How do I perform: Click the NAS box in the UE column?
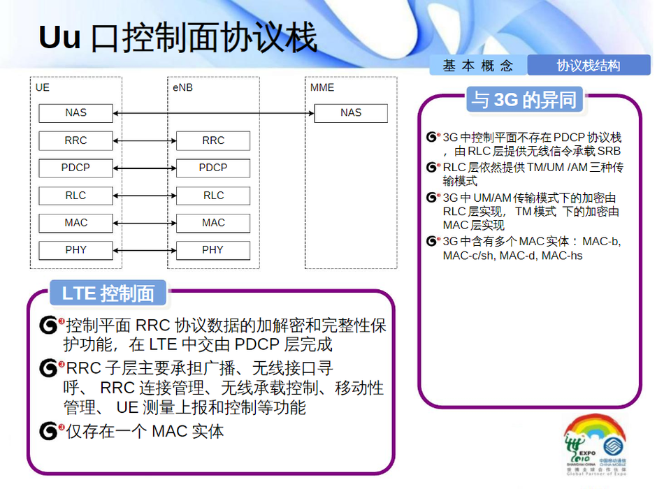[x=75, y=113]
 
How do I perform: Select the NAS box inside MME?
[x=351, y=113]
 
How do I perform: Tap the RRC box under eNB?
[x=213, y=140]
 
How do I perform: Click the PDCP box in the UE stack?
[x=75, y=168]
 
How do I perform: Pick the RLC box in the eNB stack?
[x=213, y=196]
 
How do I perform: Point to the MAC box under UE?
[x=75, y=223]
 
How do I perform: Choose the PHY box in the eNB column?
[x=213, y=250]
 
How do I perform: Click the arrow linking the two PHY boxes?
[x=145, y=251]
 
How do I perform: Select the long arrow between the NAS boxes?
[x=213, y=113]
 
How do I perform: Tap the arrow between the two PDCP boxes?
[x=145, y=168]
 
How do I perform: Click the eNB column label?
[x=182, y=87]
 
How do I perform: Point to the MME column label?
[x=322, y=87]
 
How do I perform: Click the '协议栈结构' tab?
[x=589, y=65]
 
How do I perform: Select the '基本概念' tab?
[x=478, y=66]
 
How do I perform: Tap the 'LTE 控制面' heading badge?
[x=108, y=293]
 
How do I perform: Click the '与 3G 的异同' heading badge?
[x=524, y=100]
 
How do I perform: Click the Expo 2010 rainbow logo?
[x=595, y=444]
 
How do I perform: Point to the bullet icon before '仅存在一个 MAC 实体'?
[x=50, y=431]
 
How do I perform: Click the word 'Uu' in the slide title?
[x=59, y=37]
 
